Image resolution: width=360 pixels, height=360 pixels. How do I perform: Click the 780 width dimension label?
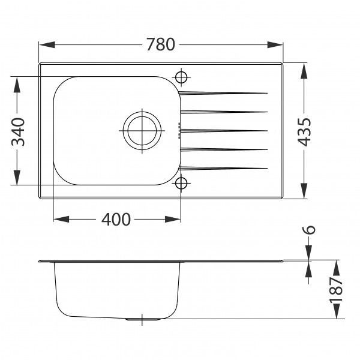[x=161, y=45]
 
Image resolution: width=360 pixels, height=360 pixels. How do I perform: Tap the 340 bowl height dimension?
[x=18, y=131]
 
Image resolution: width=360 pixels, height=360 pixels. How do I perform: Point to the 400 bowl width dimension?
[x=116, y=220]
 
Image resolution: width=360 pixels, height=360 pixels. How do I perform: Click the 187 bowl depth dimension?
[x=337, y=290]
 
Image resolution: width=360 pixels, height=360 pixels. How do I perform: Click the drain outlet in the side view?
[x=142, y=320]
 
